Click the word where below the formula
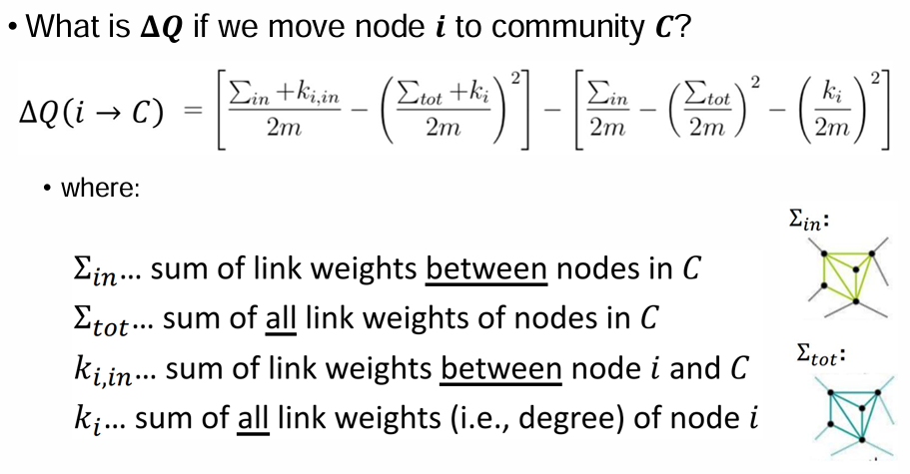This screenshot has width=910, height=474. click(x=100, y=188)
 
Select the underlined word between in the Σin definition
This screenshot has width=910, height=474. click(x=485, y=269)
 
